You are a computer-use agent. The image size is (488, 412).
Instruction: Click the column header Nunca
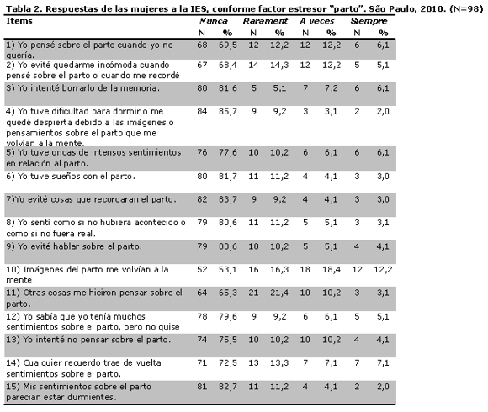[x=214, y=21]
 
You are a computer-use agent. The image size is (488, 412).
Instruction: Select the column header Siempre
[x=369, y=21]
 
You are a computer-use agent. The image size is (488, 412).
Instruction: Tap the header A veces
[x=317, y=21]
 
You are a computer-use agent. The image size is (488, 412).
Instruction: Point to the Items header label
[x=19, y=21]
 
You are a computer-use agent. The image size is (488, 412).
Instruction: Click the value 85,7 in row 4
[x=227, y=111]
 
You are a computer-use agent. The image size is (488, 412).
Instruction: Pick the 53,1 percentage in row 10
[x=227, y=269]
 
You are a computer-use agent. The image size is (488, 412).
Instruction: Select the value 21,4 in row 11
[x=279, y=293]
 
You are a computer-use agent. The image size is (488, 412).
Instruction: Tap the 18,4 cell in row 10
[x=332, y=269]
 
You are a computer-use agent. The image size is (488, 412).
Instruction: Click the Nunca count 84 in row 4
[x=202, y=111]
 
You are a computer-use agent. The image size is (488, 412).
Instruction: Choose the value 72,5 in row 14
[x=227, y=363]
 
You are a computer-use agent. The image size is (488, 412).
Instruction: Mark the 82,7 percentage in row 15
[x=227, y=387]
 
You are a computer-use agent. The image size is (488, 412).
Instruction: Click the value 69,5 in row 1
[x=227, y=45]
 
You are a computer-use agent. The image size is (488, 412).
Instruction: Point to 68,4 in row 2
[x=227, y=66]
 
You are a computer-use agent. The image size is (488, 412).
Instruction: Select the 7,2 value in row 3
[x=332, y=88]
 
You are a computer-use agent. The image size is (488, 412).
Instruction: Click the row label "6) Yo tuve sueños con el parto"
[x=71, y=177]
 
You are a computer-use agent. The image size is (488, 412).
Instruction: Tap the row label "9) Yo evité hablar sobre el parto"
[x=74, y=246]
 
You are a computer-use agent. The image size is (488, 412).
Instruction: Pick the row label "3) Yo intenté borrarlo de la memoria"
[x=82, y=88]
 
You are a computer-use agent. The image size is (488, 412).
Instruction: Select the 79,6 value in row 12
[x=227, y=316]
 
